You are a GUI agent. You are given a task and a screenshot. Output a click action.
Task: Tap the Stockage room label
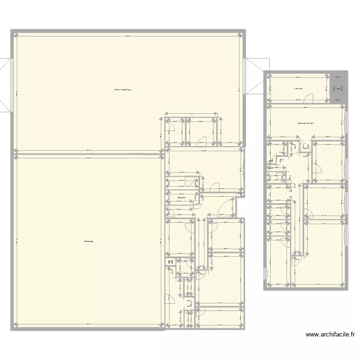(x=88, y=241)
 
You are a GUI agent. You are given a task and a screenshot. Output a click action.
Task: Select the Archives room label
(x=298, y=89)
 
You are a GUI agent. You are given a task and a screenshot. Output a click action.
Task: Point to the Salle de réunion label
(x=305, y=123)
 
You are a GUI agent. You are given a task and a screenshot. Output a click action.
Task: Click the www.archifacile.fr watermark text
(x=331, y=335)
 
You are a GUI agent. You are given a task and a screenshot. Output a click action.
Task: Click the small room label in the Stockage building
(x=181, y=197)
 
